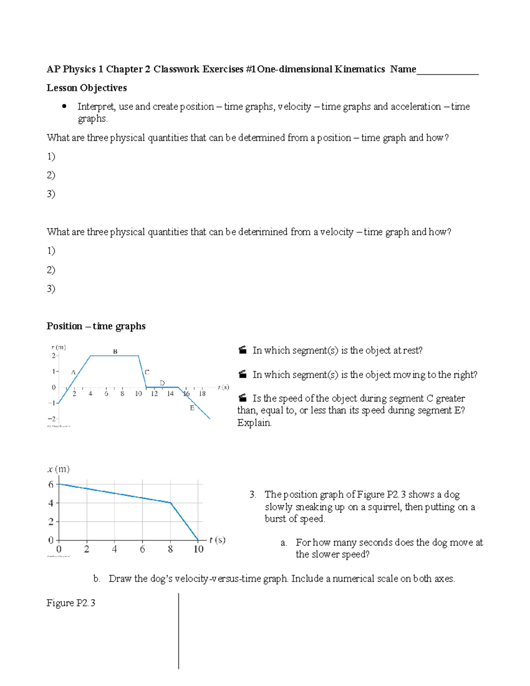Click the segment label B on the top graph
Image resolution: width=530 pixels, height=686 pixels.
[x=115, y=352]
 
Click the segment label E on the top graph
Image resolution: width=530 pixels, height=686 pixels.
[x=192, y=408]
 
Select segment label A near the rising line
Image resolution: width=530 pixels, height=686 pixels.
[x=73, y=372]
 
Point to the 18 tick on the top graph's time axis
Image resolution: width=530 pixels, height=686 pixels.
[x=202, y=394]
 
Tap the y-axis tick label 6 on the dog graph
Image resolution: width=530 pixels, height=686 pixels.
[x=51, y=485]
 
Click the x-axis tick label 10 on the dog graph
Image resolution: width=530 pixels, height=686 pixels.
[x=198, y=549]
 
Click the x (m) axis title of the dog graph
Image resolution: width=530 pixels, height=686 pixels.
[x=58, y=469]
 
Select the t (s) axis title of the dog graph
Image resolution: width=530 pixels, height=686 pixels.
[x=217, y=540]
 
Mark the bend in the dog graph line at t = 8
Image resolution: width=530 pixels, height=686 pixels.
[x=170, y=503]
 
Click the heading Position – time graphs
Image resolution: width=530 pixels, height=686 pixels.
[x=96, y=326]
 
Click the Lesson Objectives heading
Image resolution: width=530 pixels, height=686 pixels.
[x=87, y=88]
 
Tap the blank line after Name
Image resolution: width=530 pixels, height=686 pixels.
[x=447, y=71]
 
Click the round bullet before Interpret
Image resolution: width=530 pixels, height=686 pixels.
[x=64, y=106]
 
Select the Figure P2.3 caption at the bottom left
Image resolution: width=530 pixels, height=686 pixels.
[x=71, y=603]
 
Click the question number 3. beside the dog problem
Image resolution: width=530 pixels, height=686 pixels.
[x=253, y=494]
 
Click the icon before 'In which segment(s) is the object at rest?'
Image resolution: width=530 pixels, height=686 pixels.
[x=242, y=350]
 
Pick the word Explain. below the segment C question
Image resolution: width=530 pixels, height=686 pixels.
[x=254, y=423]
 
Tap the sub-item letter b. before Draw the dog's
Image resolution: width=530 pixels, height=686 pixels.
[x=97, y=579]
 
